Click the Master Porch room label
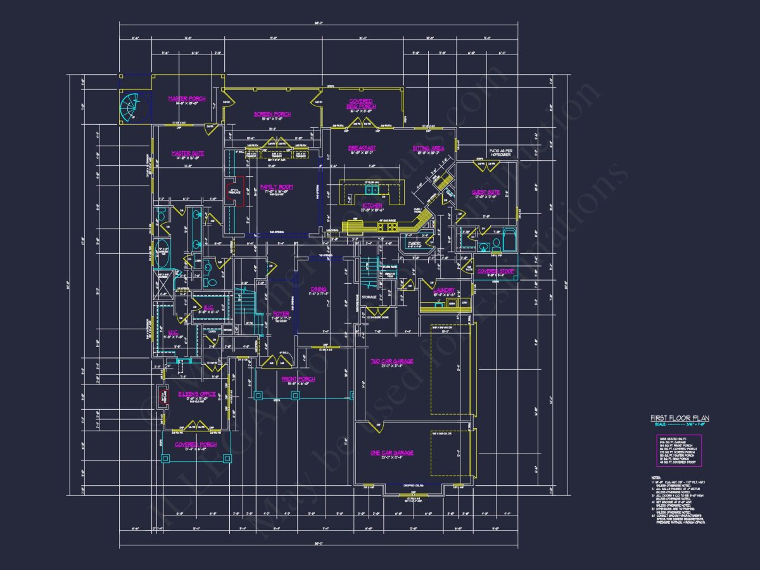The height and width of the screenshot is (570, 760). pos(182,98)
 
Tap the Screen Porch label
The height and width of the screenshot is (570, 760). pos(272,114)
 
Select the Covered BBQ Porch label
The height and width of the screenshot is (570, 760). pos(361,103)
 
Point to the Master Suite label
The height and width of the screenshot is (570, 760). pos(187,153)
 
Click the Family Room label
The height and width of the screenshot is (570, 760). pos(277,187)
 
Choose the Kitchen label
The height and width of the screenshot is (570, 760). pos(372,205)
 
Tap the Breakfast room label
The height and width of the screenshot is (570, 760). pos(362,148)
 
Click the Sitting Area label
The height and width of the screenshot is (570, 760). pos(428,148)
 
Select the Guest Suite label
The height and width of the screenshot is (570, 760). pos(486,191)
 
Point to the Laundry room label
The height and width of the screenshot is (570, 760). pos(445,290)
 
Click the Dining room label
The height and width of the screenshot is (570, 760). pos(319,289)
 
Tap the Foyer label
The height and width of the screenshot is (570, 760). pos(281,313)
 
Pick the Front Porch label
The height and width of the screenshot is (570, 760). pos(298,379)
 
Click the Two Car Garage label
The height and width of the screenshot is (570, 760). pos(391,361)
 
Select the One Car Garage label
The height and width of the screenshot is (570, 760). pos(391,452)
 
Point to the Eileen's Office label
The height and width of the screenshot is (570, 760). pos(196,394)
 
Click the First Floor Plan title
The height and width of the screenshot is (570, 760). pos(680,418)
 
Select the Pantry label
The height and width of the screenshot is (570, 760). pos(415,243)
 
